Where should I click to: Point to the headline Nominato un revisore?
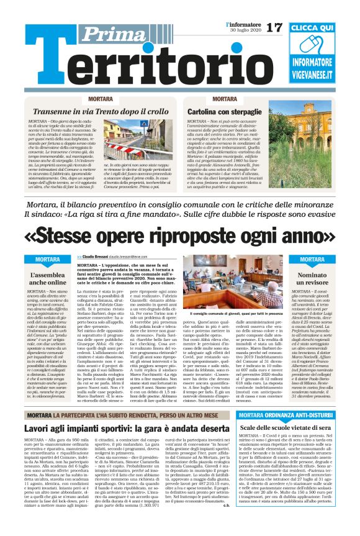(x=312, y=278)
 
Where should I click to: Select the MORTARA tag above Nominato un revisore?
(x=312, y=259)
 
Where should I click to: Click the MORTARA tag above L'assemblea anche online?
(x=48, y=259)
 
